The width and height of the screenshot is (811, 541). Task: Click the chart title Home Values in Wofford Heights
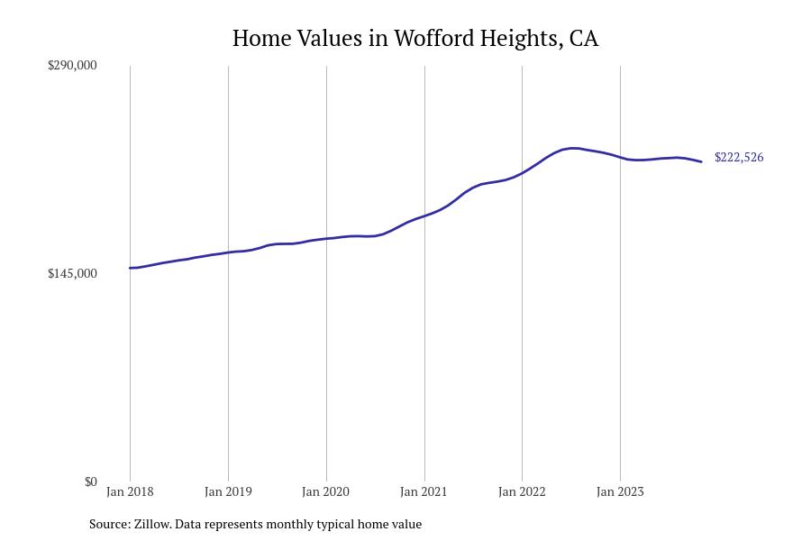click(x=415, y=38)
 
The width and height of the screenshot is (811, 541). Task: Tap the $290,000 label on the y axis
click(x=72, y=65)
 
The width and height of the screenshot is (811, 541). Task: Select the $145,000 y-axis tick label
click(x=72, y=273)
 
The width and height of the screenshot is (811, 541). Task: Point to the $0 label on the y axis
click(x=90, y=481)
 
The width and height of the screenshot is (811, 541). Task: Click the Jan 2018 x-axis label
click(x=130, y=491)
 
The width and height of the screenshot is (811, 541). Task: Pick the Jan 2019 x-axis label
click(x=228, y=491)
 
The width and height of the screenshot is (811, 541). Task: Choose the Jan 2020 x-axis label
click(x=326, y=491)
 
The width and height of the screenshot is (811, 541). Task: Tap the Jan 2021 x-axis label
click(x=424, y=491)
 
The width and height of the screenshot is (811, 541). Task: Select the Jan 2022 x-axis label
click(x=522, y=491)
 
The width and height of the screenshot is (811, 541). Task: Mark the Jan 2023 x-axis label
click(x=620, y=491)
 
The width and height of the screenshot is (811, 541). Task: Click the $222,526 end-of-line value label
click(x=739, y=157)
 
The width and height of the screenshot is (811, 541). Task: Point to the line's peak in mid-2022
click(x=571, y=148)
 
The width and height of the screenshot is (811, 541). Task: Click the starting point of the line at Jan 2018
click(x=130, y=268)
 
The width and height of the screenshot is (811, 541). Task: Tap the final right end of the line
click(x=701, y=161)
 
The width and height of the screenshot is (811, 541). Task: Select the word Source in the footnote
click(x=108, y=524)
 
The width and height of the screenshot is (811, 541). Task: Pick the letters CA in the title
click(x=584, y=38)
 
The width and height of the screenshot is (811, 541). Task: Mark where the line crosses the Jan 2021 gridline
click(x=424, y=215)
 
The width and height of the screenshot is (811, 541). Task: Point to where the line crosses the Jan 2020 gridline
click(x=326, y=238)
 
